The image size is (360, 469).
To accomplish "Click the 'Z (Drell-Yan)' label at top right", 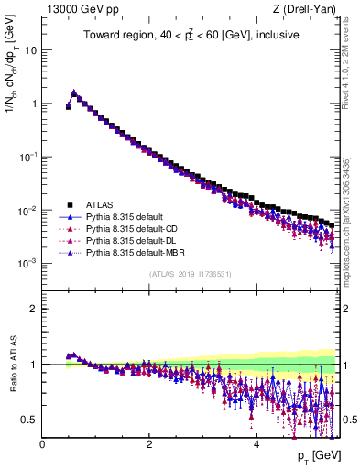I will [309, 9].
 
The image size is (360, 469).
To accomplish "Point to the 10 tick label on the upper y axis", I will [30, 50].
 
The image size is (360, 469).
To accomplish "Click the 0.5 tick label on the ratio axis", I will [29, 420].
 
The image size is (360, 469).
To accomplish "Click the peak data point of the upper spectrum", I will [74, 93].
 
